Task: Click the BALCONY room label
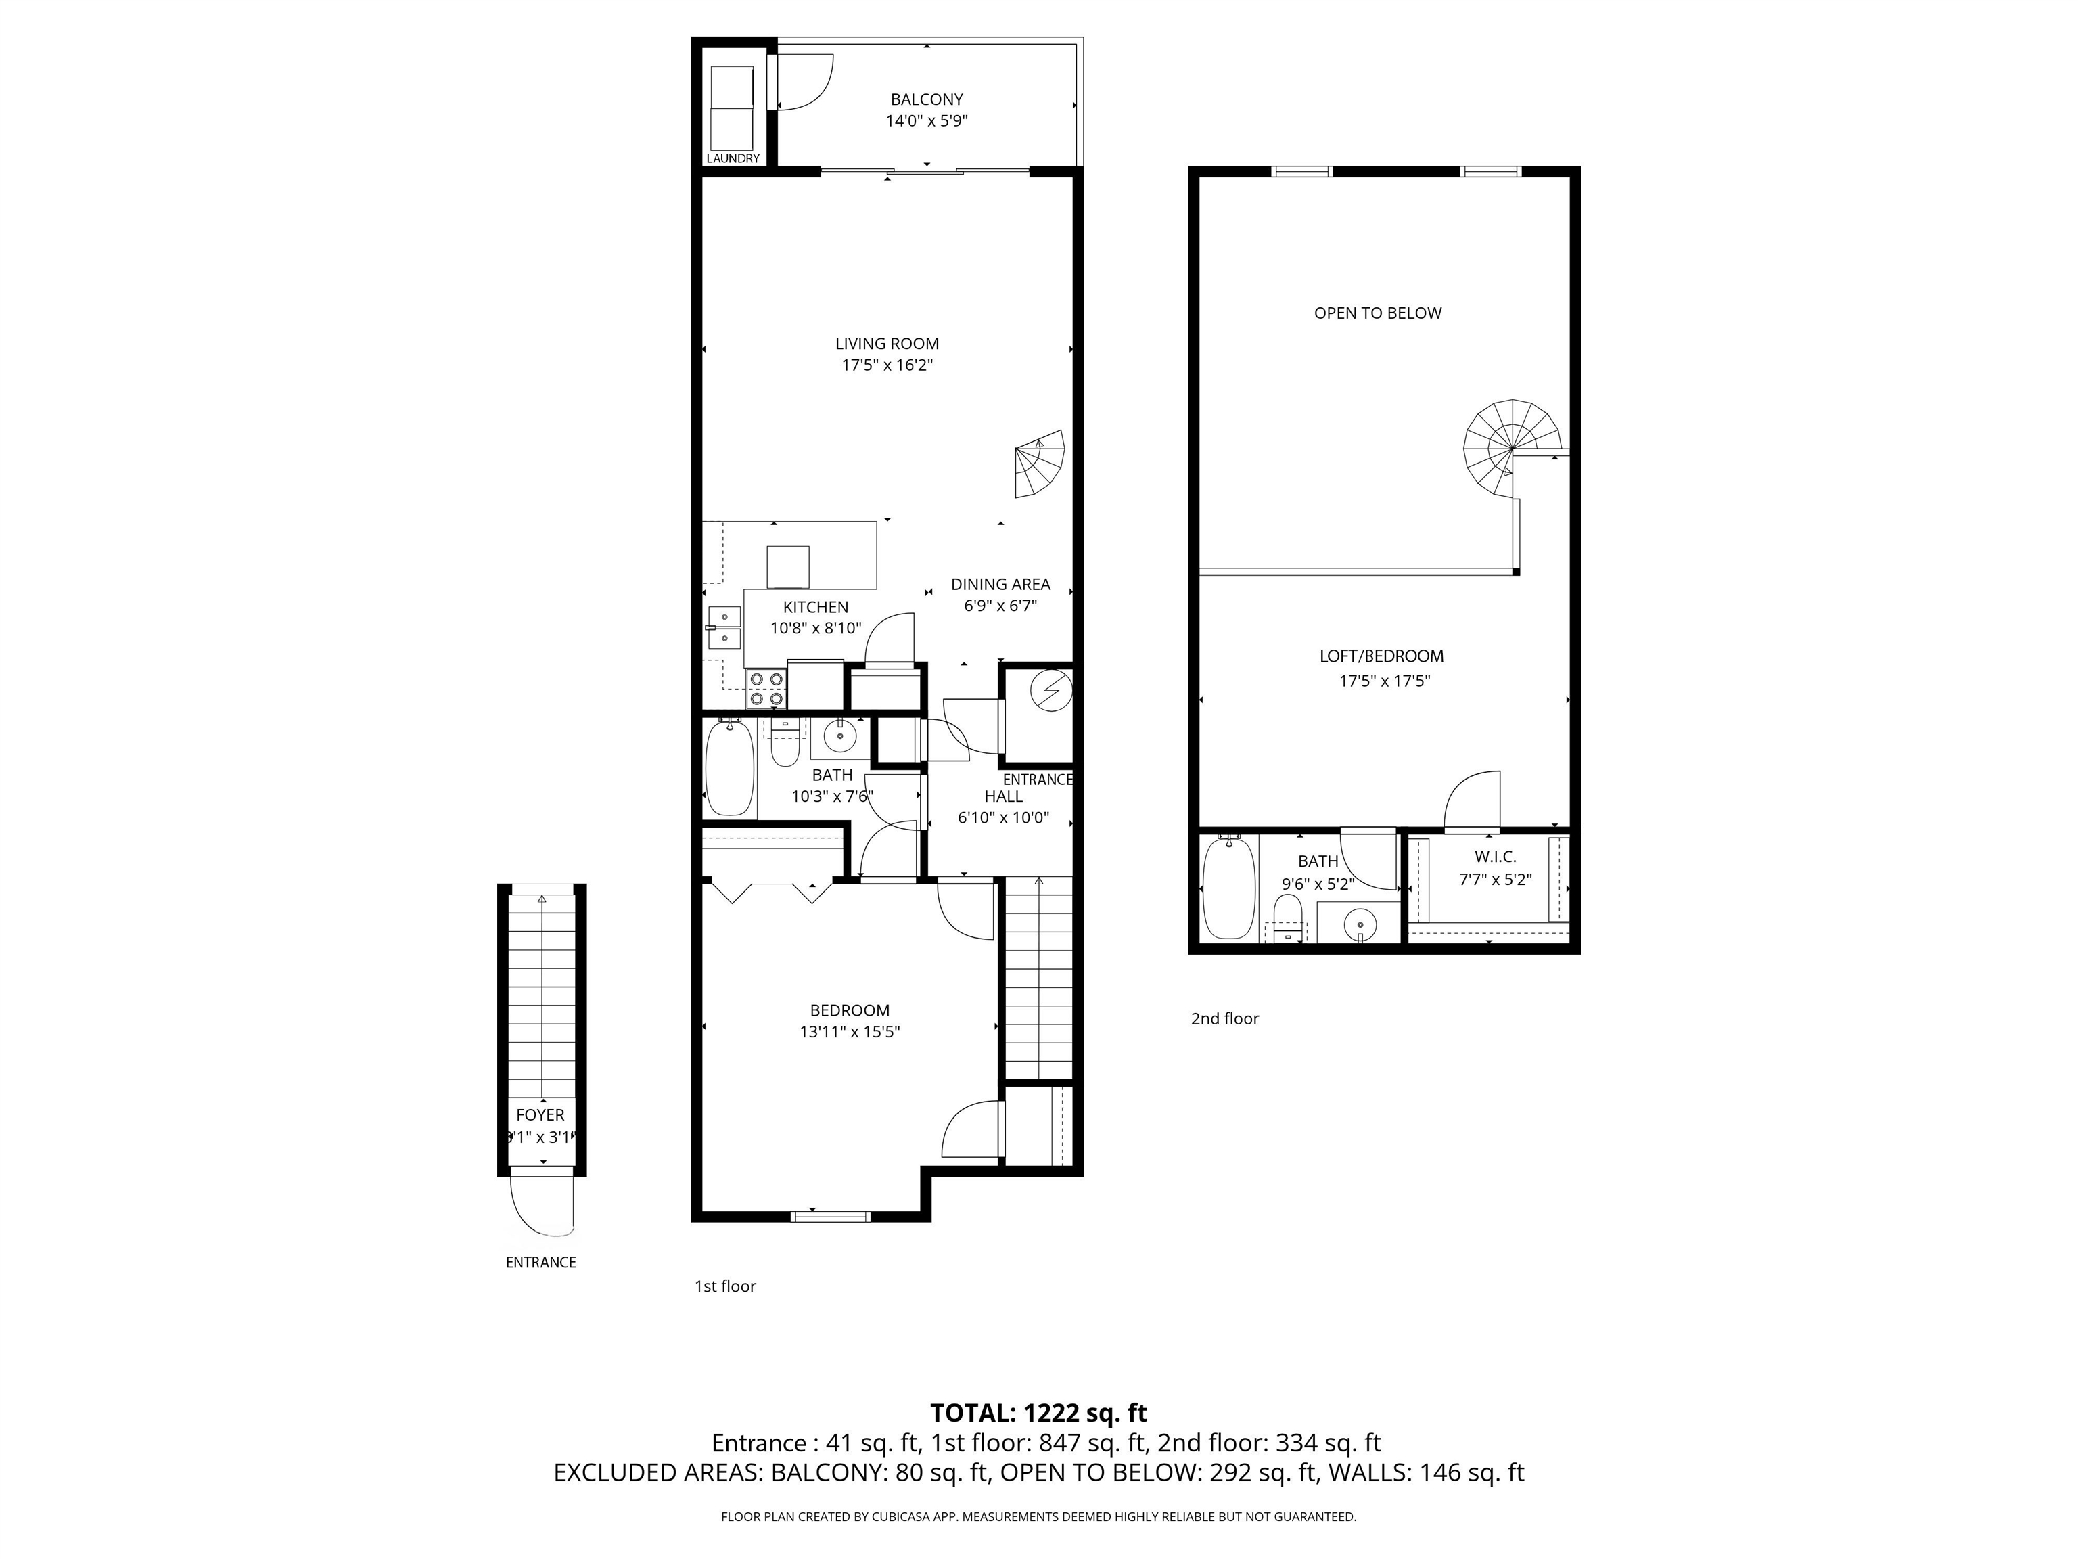coord(926,99)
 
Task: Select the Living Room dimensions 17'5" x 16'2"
coord(887,365)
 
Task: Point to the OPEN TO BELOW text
coord(1377,313)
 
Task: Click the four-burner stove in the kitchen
coord(766,689)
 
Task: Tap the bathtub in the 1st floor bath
coord(730,768)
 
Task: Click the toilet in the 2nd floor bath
coord(1287,917)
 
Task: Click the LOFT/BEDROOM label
coord(1381,656)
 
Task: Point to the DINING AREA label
coord(1000,583)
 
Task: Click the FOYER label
coord(540,1114)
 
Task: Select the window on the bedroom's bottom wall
coord(831,1216)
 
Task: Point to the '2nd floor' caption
coord(1224,1018)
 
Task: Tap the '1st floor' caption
coord(724,1286)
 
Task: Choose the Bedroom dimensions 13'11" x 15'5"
coord(849,1032)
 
